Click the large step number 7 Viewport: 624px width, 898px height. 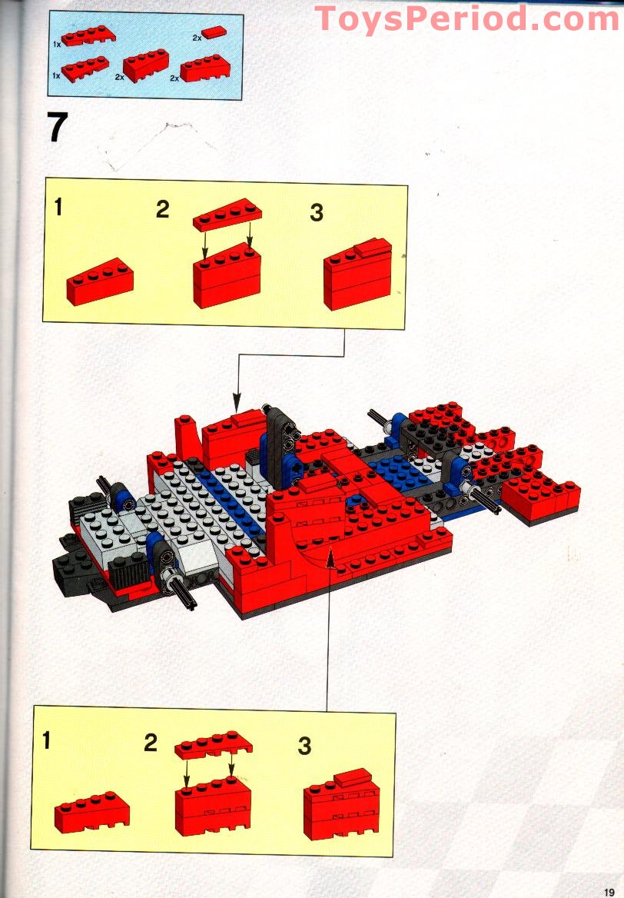pos(57,127)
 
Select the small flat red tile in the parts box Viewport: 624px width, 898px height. pos(214,32)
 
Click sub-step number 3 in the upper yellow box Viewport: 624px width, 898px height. pos(317,212)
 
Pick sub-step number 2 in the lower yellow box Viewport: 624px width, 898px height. pos(151,743)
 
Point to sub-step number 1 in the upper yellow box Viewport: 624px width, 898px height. pos(58,207)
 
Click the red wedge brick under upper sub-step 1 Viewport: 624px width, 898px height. pos(100,281)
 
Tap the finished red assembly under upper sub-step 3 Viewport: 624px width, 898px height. pos(358,274)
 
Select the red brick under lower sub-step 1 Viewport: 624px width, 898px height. pos(91,812)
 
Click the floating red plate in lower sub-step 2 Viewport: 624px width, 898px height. pos(214,745)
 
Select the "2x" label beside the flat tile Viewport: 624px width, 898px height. pos(197,38)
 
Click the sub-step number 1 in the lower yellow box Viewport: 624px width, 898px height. pos(46,740)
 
